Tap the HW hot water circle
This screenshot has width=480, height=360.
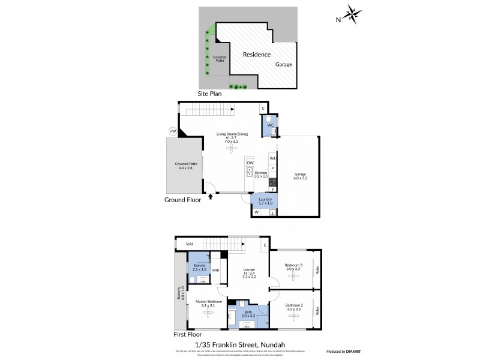click(x=173, y=131)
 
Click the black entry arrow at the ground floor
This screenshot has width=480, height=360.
click(x=211, y=196)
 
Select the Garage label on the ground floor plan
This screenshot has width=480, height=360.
click(x=300, y=176)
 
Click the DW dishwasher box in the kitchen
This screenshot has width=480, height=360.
click(x=250, y=163)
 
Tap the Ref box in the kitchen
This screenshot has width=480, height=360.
click(x=272, y=158)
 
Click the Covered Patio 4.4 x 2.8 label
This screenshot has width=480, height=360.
click(x=186, y=166)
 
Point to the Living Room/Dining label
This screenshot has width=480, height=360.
click(x=232, y=135)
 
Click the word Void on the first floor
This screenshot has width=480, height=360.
click(x=189, y=244)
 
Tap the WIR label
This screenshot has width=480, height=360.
click(x=215, y=271)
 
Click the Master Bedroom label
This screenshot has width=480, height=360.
click(x=209, y=302)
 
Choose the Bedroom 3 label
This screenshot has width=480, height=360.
click(x=293, y=266)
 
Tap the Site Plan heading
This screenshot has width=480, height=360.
click(x=210, y=94)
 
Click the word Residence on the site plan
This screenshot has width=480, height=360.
click(x=256, y=55)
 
